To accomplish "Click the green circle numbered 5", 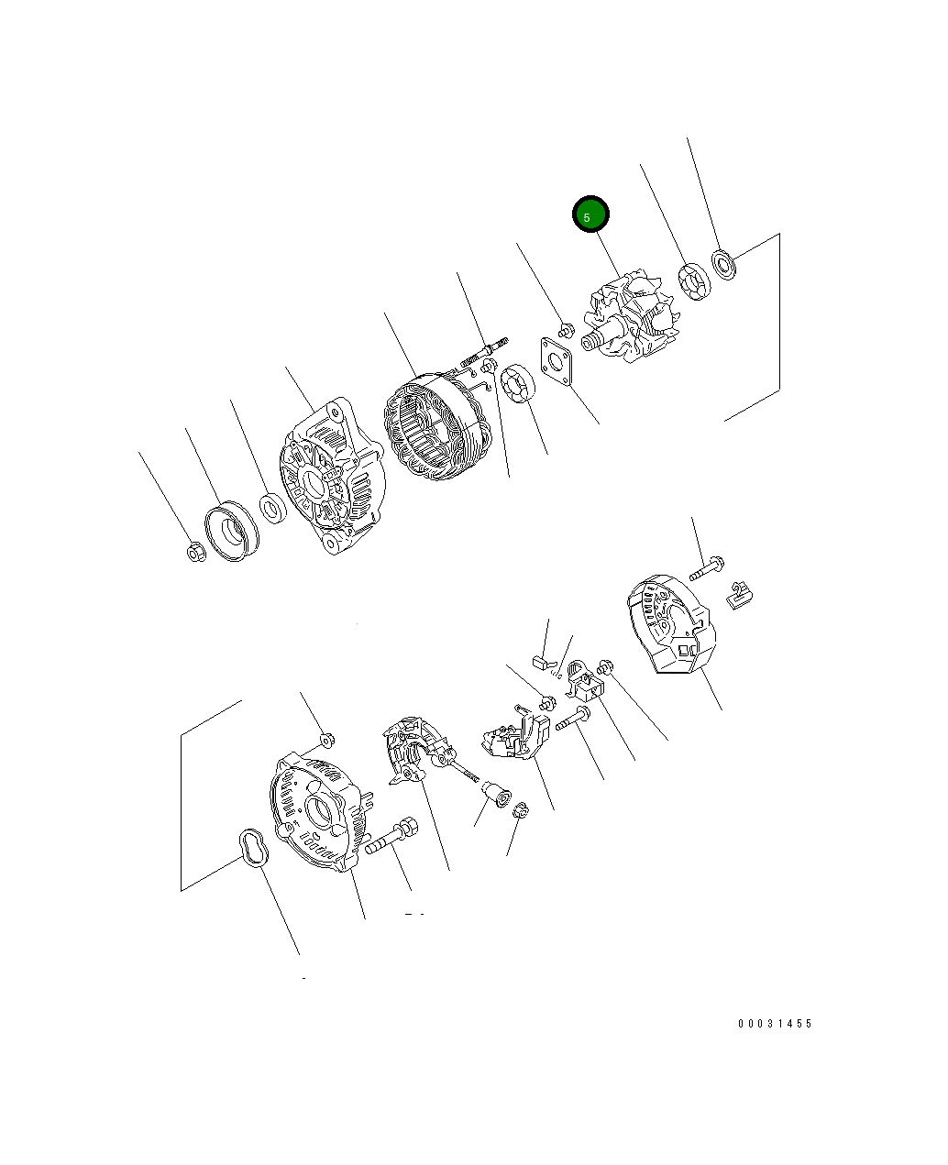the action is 590,214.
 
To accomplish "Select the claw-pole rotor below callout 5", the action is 631,315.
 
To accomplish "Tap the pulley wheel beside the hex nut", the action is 232,530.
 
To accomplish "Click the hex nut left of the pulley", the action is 196,552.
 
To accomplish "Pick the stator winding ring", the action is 437,425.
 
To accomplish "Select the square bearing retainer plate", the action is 557,361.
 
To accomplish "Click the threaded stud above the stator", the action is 484,352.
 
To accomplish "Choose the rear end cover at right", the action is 671,623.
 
